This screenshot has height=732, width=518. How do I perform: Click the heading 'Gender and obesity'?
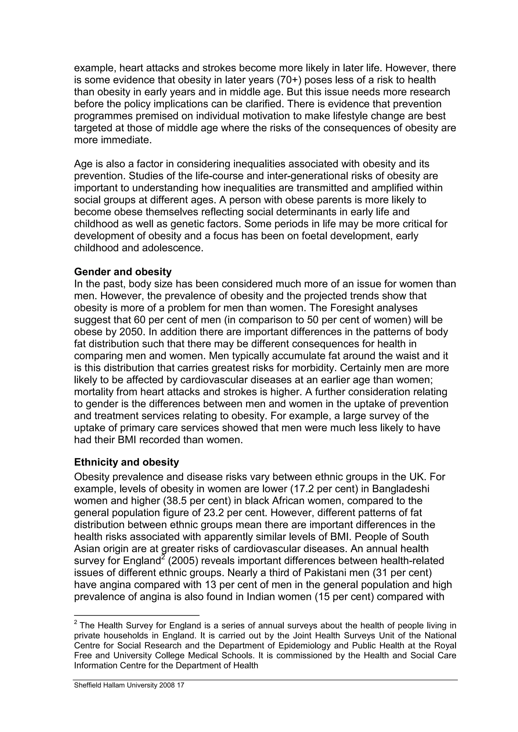point(123,272)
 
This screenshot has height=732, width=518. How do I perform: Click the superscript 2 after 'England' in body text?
point(163,557)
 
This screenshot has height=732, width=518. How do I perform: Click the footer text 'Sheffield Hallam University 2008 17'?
point(129,685)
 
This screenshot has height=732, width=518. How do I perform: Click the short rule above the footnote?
point(136,615)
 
